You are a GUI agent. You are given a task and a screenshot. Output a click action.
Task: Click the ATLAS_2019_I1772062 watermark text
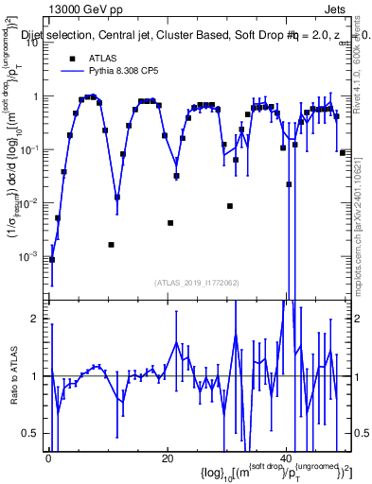click(198, 283)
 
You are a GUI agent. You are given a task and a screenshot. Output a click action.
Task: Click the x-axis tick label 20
click(168, 458)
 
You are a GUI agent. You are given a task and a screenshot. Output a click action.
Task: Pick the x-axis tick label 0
click(47, 458)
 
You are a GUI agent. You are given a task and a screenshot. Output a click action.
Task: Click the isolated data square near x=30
click(230, 206)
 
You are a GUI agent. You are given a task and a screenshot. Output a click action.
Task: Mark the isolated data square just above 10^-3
click(111, 245)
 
